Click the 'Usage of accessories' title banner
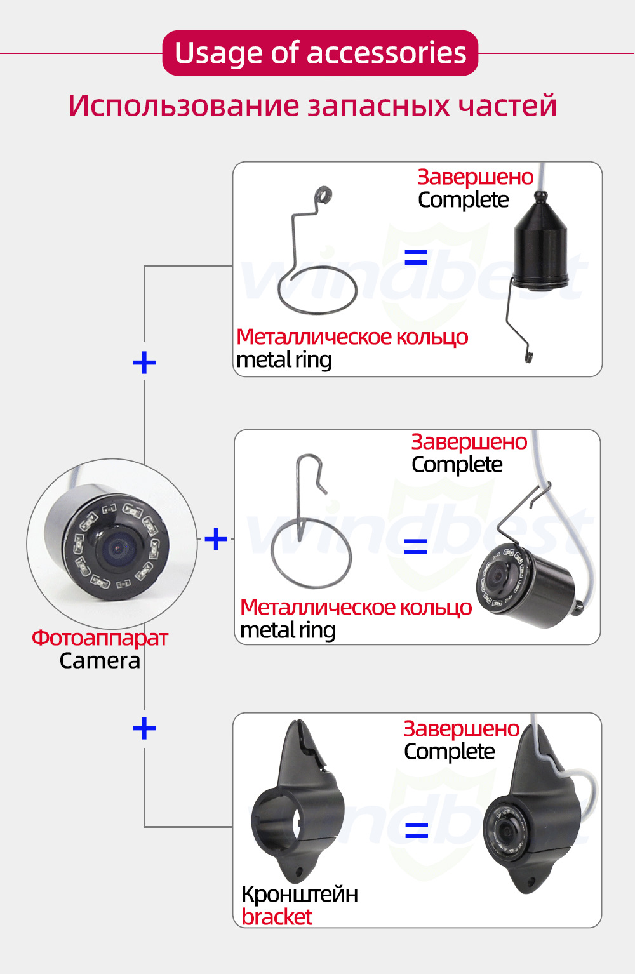(320, 53)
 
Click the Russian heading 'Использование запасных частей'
(312, 105)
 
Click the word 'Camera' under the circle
(100, 660)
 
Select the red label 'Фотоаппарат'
(100, 637)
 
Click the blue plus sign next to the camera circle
(216, 539)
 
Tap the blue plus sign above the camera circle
(144, 363)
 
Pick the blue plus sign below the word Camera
(144, 728)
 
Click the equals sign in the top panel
(416, 257)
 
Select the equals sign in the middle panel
(415, 546)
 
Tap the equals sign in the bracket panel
(417, 829)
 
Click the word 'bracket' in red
(276, 917)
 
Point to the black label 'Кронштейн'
(299, 894)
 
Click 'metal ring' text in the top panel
(284, 360)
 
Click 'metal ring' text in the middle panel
(288, 630)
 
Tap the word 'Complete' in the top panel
(463, 200)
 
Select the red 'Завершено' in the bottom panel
(462, 728)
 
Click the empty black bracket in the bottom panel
(297, 806)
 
